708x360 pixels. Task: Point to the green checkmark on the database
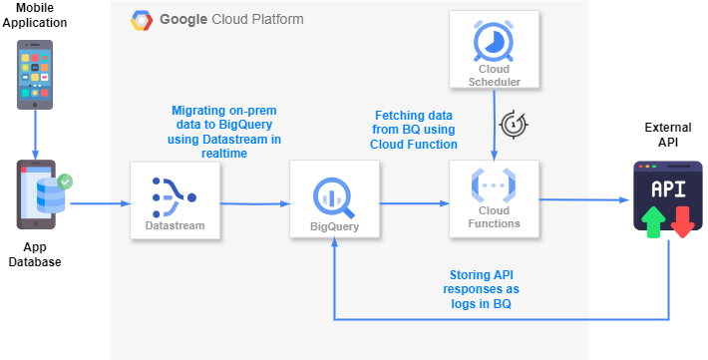(x=66, y=182)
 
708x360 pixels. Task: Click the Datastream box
(x=175, y=199)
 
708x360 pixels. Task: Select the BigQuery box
(x=333, y=199)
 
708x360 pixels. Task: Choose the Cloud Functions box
(x=494, y=199)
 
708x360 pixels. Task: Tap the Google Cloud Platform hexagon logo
(x=141, y=20)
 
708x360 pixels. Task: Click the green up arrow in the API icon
(x=652, y=221)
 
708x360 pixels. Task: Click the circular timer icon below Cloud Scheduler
(x=513, y=123)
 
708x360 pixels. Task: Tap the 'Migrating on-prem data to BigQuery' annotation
(x=225, y=131)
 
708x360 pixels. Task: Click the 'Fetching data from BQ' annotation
(x=415, y=130)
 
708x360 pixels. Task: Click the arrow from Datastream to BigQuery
(x=254, y=203)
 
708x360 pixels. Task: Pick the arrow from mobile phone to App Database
(x=36, y=133)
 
